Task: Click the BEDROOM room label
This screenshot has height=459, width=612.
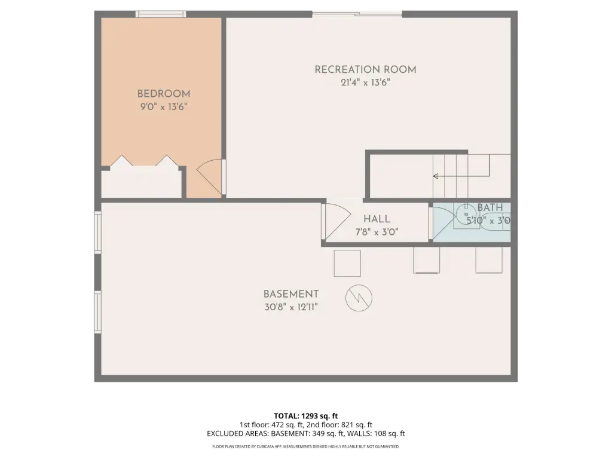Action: point(164,94)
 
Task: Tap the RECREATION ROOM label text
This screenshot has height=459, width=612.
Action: point(365,69)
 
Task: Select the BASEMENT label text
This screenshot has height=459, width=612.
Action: point(291,294)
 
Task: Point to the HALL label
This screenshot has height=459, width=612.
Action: point(377,219)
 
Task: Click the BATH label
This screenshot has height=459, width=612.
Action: point(490,207)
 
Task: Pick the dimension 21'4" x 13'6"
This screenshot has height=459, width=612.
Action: point(365,82)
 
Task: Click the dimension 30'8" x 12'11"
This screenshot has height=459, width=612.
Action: point(291,307)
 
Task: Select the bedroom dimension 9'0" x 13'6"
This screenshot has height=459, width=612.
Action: point(164,106)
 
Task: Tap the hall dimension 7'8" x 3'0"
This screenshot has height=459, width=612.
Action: point(377,232)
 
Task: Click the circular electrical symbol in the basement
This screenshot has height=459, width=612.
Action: point(359,298)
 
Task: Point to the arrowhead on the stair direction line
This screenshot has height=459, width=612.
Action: point(436,176)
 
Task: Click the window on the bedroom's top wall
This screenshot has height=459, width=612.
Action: point(161,14)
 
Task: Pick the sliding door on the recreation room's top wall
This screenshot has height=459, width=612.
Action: point(357,14)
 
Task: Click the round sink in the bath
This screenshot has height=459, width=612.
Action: point(466,215)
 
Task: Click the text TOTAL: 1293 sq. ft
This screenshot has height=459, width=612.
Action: point(305,416)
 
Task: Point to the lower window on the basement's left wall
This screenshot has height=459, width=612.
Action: point(97,312)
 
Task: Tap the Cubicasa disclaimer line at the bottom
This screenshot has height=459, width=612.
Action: point(305,446)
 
